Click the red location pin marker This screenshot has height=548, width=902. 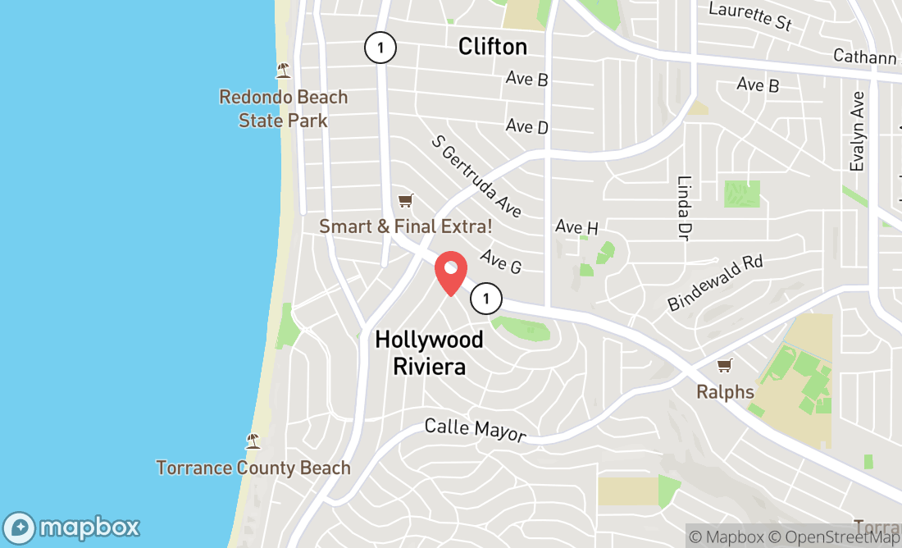[x=450, y=273]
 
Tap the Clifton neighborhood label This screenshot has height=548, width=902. [x=492, y=46]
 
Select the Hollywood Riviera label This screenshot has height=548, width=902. [x=429, y=352]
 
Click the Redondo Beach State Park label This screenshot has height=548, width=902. [x=284, y=108]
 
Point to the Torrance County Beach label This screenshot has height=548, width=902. [x=253, y=468]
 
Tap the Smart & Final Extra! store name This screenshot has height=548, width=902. [x=406, y=226]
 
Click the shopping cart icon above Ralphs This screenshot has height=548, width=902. [x=724, y=365]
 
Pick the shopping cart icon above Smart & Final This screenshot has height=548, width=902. [x=405, y=200]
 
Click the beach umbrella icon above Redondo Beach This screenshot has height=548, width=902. [x=284, y=70]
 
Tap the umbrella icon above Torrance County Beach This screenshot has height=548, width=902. [x=253, y=441]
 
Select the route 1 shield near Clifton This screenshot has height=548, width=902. [x=380, y=48]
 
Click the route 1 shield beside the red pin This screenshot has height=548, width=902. [x=486, y=298]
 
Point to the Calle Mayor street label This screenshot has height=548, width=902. [x=475, y=429]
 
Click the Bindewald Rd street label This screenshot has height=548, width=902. [x=715, y=283]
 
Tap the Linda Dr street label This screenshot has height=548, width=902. [x=683, y=208]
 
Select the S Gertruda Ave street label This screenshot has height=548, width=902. [x=476, y=176]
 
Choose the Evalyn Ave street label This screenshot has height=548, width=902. [x=858, y=131]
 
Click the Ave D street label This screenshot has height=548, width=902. [x=526, y=126]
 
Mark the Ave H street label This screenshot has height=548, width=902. [x=576, y=226]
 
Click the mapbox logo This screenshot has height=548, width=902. [x=71, y=526]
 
